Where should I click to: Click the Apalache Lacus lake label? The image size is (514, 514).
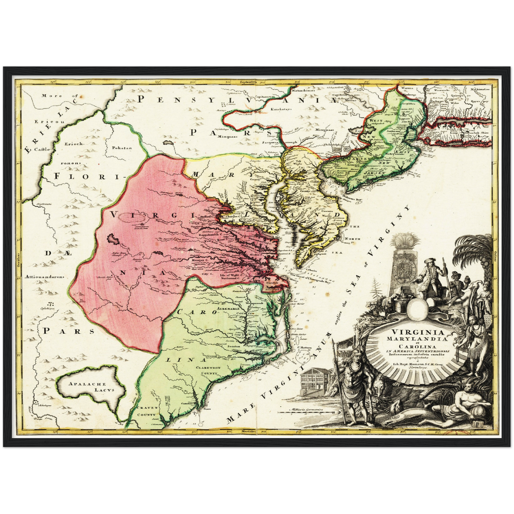pyautogui.click(x=92, y=387)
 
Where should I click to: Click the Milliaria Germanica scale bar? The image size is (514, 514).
pyautogui.click(x=306, y=414)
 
